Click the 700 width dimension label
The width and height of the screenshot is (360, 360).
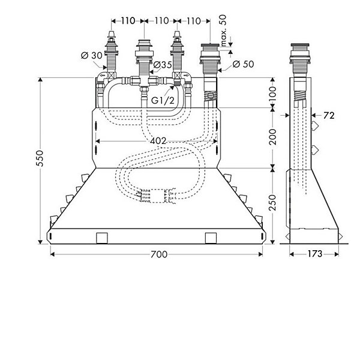pyautogui.click(x=159, y=254)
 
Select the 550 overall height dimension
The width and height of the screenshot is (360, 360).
pyautogui.click(x=40, y=158)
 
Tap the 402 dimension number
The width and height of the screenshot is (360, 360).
pyautogui.click(x=158, y=141)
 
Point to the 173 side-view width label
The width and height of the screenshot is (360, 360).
pyautogui.click(x=315, y=254)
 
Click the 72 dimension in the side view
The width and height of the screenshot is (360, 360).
pyautogui.click(x=329, y=115)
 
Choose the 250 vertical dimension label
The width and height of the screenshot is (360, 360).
pyautogui.click(x=272, y=203)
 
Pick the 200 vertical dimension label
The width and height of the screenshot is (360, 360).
pyautogui.click(x=272, y=137)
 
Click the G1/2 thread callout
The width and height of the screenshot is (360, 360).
pyautogui.click(x=163, y=100)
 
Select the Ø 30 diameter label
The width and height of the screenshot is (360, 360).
pyautogui.click(x=92, y=55)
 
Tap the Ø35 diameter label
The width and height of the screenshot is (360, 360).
pyautogui.click(x=163, y=65)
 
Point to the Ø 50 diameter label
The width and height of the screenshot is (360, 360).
pyautogui.click(x=244, y=64)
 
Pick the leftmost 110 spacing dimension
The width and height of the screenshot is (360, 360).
pyautogui.click(x=128, y=21)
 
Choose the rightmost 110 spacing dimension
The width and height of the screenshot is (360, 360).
pyautogui.click(x=194, y=21)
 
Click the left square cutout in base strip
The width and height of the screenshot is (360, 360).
pyautogui.click(x=102, y=238)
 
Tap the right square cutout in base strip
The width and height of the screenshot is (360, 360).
pyautogui.click(x=211, y=238)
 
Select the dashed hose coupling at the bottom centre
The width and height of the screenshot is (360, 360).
pyautogui.click(x=157, y=196)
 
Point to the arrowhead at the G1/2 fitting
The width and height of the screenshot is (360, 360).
pyautogui.click(x=172, y=88)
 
